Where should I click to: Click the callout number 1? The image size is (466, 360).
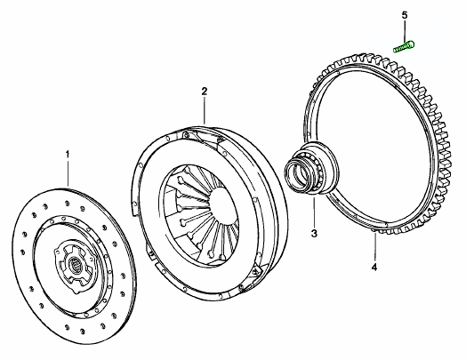coord(68,155)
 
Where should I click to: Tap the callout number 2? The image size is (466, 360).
coord(205,92)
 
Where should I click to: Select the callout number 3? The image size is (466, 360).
coord(314,234)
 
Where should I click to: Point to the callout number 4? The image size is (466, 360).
coord(374,268)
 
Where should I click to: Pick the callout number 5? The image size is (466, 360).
coord(405,15)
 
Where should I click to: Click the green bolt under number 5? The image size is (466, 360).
coord(404,47)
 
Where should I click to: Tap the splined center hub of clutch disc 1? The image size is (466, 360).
coord(74,263)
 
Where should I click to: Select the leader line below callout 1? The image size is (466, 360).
coord(68,173)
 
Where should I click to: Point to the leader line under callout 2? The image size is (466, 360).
coord(205,110)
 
